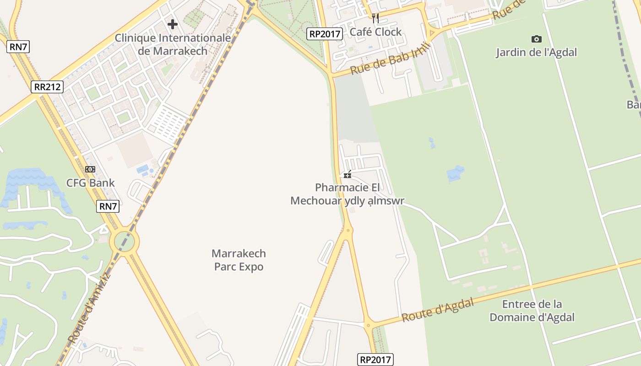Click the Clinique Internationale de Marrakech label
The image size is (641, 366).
coord(173,44)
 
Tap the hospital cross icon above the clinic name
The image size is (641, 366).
coord(173,24)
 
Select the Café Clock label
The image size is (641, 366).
coord(375,32)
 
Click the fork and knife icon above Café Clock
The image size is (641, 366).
coord(375,18)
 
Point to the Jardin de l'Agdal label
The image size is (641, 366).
coord(536,52)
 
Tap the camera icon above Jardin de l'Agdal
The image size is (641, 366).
coord(536,39)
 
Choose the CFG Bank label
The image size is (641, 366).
coord(91,183)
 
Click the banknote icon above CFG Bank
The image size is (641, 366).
coord(90,169)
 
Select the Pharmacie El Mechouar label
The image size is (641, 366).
coord(348,194)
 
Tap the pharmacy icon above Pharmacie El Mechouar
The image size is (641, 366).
coord(348,174)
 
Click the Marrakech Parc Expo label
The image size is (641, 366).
coord(239,260)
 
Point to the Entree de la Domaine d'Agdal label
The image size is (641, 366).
coord(532,311)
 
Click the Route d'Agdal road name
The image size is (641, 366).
coord(438,310)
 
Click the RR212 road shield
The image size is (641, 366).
coord(47,87)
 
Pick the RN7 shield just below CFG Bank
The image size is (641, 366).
coord(108,206)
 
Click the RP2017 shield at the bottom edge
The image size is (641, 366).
coord(375,360)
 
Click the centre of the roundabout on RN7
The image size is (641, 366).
coord(124,241)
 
